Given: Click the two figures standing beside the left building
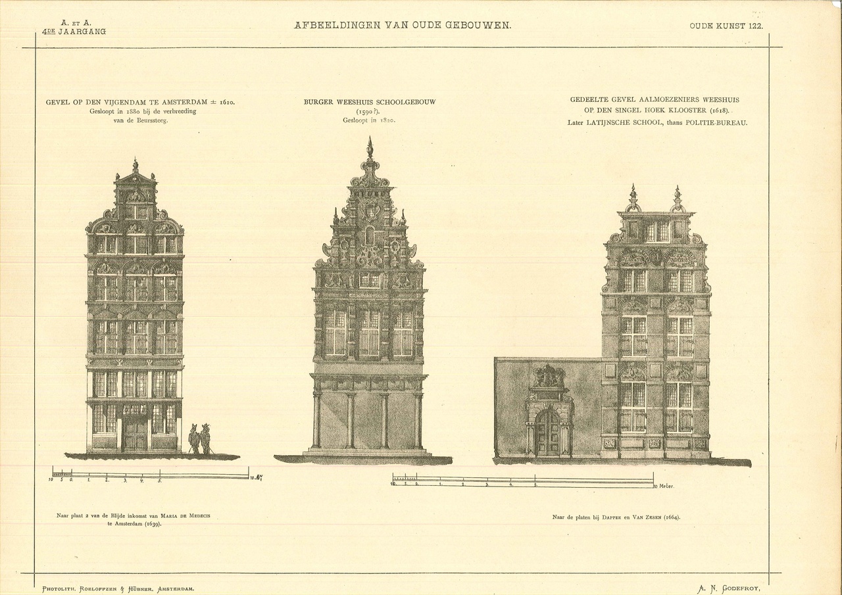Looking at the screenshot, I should [199, 439].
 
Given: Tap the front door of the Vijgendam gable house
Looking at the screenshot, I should [135, 434].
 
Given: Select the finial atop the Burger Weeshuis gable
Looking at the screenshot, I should [370, 147].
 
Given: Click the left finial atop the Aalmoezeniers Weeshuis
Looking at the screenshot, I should [633, 197].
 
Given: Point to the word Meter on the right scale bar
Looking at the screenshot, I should [666, 486].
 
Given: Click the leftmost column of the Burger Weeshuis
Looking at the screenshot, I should [316, 420].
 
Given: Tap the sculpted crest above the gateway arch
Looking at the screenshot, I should [548, 377].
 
